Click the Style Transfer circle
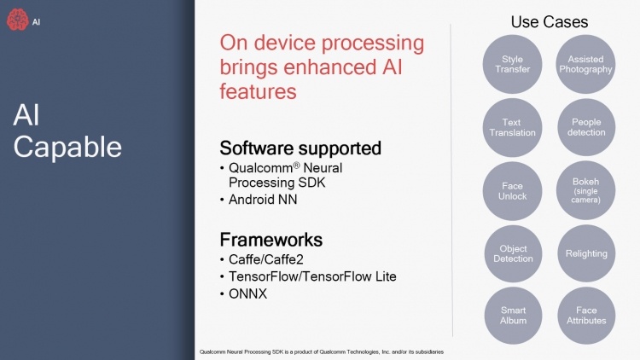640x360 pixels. click(513, 64)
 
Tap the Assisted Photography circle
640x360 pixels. click(586, 64)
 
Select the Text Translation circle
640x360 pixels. click(513, 127)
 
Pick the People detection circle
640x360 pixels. click(586, 127)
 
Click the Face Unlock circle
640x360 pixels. click(513, 190)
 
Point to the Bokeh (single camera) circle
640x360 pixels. click(586, 190)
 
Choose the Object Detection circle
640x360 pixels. click(513, 253)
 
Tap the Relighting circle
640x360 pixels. click(586, 253)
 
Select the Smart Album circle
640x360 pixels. click(513, 315)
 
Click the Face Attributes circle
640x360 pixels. click(586, 315)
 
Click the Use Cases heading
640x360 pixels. click(549, 21)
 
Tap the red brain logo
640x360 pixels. click(17, 22)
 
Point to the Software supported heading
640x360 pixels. click(300, 148)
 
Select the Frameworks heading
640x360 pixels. click(271, 238)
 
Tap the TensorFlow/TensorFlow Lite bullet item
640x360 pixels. click(311, 276)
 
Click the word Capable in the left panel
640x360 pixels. click(67, 147)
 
